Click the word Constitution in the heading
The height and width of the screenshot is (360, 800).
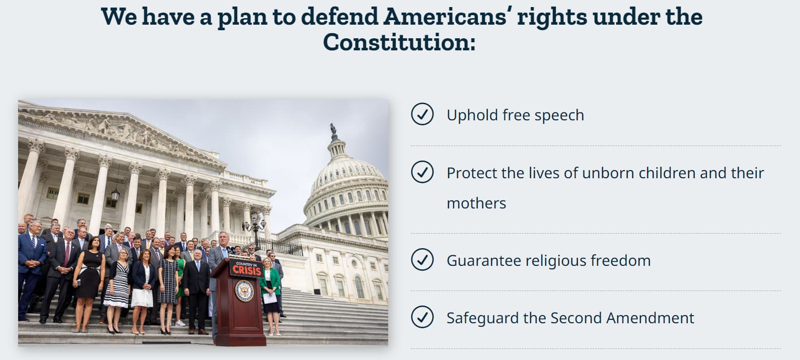(399, 42)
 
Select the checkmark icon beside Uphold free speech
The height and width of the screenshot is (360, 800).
(422, 114)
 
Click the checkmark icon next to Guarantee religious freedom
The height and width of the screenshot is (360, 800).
(422, 260)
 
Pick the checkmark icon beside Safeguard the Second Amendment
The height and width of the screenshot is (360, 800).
(422, 317)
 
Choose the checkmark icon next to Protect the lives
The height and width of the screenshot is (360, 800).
(422, 172)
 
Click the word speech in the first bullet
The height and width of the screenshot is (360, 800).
(559, 116)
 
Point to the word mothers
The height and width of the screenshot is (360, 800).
(476, 203)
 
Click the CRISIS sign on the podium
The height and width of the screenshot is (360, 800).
(246, 268)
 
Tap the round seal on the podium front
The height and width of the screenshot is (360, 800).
(245, 291)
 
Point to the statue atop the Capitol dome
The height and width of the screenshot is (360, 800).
(333, 129)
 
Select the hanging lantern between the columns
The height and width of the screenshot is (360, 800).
(115, 195)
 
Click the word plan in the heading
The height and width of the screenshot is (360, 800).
(242, 18)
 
